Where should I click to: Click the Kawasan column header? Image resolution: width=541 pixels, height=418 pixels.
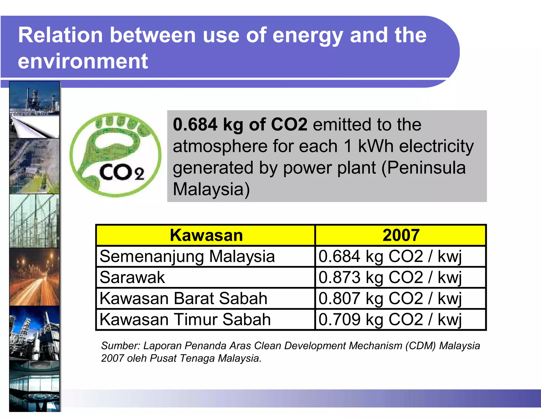206,235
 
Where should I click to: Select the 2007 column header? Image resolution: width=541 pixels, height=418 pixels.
400,235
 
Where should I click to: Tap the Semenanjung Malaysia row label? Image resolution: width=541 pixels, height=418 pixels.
187,256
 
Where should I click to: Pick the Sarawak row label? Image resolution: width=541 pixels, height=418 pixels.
132,277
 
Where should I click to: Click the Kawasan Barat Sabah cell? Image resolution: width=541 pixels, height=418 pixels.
183,298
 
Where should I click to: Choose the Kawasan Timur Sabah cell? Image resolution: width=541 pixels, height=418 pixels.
185,319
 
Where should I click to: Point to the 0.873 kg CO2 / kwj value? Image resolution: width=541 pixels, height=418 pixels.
390,277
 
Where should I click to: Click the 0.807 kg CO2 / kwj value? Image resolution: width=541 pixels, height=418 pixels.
390,298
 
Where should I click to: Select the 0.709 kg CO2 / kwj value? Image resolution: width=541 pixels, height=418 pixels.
390,319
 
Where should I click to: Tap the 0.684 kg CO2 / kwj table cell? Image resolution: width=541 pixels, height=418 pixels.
390,256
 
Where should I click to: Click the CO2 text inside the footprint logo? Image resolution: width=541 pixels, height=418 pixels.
122,172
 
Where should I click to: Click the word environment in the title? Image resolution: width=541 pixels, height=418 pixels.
83,61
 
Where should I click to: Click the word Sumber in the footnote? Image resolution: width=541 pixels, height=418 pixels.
120,346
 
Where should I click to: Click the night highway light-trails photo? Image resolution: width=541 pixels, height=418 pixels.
34,277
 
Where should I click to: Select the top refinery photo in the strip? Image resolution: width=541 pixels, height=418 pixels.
34,110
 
